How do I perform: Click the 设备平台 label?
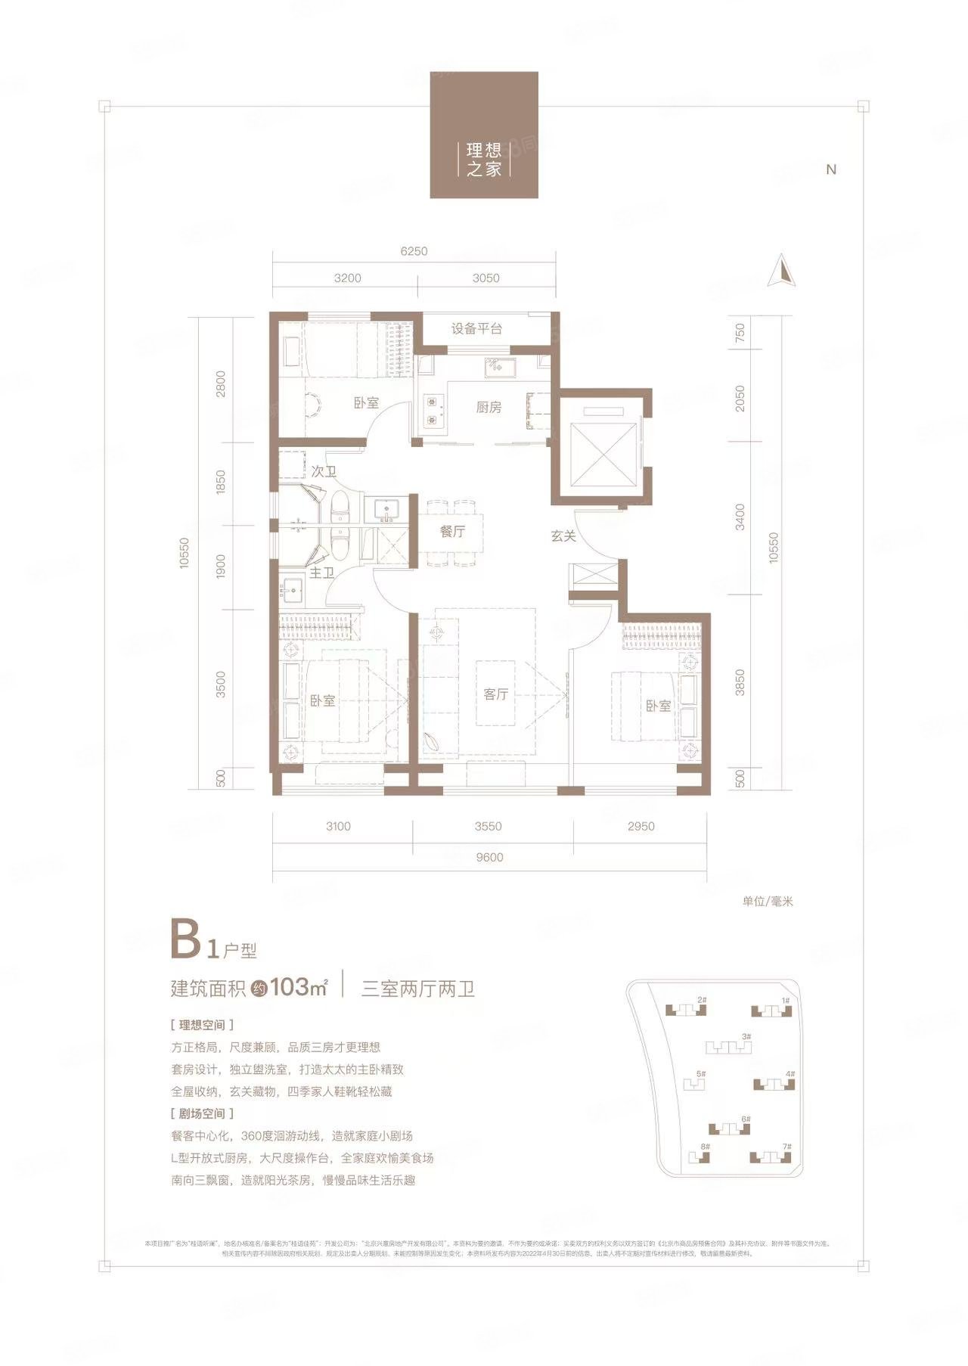pos(476,329)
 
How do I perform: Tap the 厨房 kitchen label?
pos(489,408)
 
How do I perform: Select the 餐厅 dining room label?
pos(452,532)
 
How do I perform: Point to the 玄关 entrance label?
pos(563,536)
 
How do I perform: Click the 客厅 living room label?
pos(495,694)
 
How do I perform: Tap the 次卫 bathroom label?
pos(324,471)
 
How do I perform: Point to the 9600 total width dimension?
pos(489,857)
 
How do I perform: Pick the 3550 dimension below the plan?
pos(488,826)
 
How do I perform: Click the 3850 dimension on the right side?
pos(740,682)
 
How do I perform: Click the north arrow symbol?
pos(783,272)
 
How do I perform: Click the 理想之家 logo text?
pos(484,160)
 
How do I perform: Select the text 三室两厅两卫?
pos(418,989)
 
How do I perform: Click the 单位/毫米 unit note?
pos(767,902)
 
